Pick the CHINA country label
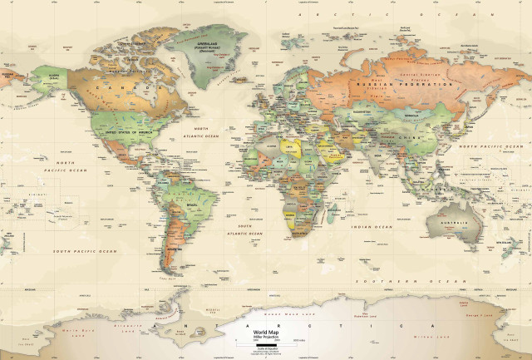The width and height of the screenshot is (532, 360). pos(405,136)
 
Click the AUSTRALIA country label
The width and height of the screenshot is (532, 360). pos(454,223)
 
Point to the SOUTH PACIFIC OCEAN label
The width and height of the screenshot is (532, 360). pos(85,250)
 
